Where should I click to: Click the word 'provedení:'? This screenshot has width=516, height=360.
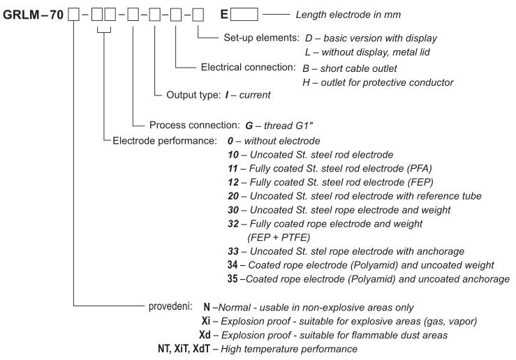169,307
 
